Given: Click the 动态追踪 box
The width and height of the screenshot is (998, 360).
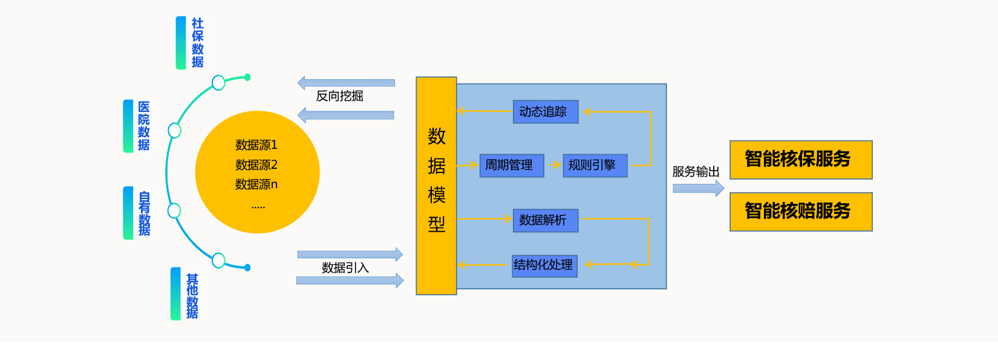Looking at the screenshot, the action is (546, 111).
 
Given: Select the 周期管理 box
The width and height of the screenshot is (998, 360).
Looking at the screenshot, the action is (512, 165).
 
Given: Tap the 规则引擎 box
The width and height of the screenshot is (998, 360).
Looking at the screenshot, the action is (595, 165).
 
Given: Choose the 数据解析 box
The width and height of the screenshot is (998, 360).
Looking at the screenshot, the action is (546, 220).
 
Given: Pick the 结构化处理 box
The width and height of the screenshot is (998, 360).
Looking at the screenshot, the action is (544, 266).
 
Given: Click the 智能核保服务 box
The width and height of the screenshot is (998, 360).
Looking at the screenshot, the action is (801, 160).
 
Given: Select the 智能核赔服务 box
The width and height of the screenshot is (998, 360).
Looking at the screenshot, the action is (801, 212).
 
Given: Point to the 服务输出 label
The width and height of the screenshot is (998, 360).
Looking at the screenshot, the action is (696, 172).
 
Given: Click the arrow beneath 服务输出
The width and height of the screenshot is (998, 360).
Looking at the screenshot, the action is (698, 188).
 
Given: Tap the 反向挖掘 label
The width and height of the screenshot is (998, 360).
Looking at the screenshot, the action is (339, 96).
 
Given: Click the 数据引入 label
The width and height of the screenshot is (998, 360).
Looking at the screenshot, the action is (345, 267).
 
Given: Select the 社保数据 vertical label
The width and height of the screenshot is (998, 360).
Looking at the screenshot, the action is (197, 43).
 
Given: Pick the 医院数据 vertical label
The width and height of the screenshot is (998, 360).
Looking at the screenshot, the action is (143, 126).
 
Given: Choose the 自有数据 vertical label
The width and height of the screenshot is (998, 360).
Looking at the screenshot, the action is (144, 213).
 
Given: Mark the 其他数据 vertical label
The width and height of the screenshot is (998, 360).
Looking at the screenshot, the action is (192, 296).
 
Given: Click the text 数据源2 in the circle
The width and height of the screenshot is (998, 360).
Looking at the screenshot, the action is (256, 165).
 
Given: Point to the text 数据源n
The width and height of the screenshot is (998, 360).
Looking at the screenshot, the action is (256, 184).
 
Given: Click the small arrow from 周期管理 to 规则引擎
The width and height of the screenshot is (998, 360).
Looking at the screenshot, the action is (554, 165).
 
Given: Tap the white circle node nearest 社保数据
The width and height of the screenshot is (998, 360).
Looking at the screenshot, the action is (218, 82).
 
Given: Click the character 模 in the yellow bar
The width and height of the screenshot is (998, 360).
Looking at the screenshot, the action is (436, 195).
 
